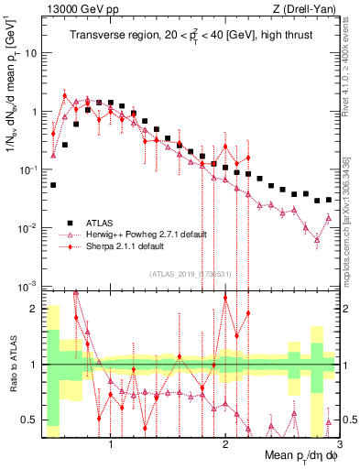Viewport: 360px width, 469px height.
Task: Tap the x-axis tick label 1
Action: coord(111,444)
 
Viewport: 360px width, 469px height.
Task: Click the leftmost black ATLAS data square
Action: coord(53,184)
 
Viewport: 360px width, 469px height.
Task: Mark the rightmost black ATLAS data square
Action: coord(327,198)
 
